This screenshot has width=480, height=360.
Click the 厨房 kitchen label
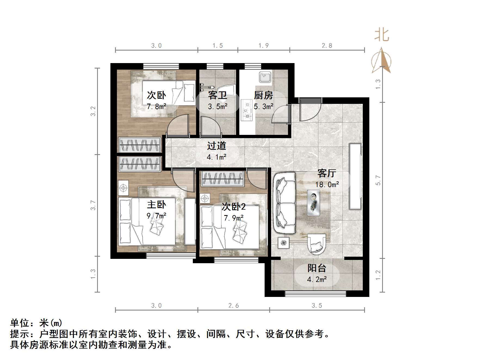(263, 95)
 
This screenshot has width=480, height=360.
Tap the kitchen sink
(265, 77)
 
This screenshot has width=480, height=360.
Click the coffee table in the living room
(314, 203)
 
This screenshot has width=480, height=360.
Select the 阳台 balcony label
(317, 268)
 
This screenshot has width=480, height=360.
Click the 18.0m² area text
(327, 185)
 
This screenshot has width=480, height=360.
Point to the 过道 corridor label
(216, 146)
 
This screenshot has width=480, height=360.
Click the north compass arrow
(381, 60)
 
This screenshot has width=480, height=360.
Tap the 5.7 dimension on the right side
(378, 180)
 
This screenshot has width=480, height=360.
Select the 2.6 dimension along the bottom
(233, 306)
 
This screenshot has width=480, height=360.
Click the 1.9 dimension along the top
(263, 46)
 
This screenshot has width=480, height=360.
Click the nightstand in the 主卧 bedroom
(123, 188)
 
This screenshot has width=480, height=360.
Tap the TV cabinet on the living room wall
(355, 176)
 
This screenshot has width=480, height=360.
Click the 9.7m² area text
(156, 216)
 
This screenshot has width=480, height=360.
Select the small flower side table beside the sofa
(284, 243)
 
